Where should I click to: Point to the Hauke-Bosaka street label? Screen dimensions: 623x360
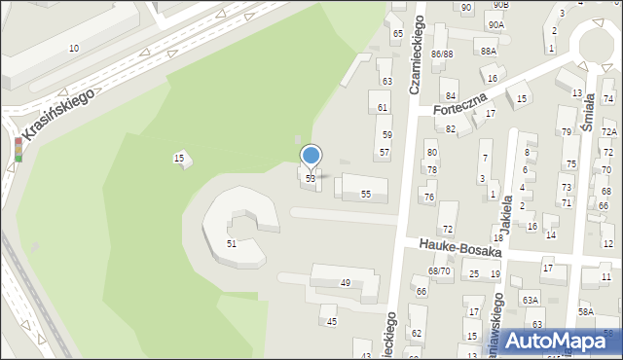coord(460,246)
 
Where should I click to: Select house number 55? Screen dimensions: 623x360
coord(366,194)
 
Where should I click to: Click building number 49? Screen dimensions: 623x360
coord(345,282)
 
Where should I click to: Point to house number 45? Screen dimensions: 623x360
coord(331,321)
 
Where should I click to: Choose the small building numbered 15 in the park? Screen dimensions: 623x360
coord(179,158)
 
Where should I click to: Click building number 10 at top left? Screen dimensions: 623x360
coord(74,48)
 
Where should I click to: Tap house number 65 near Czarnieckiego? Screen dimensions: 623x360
coord(397,34)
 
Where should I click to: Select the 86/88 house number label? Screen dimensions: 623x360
coord(442,54)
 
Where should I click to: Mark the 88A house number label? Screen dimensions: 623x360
coord(488,51)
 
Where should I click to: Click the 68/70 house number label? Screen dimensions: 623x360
coord(439,270)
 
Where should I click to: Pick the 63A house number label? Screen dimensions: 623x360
coord(530,300)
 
